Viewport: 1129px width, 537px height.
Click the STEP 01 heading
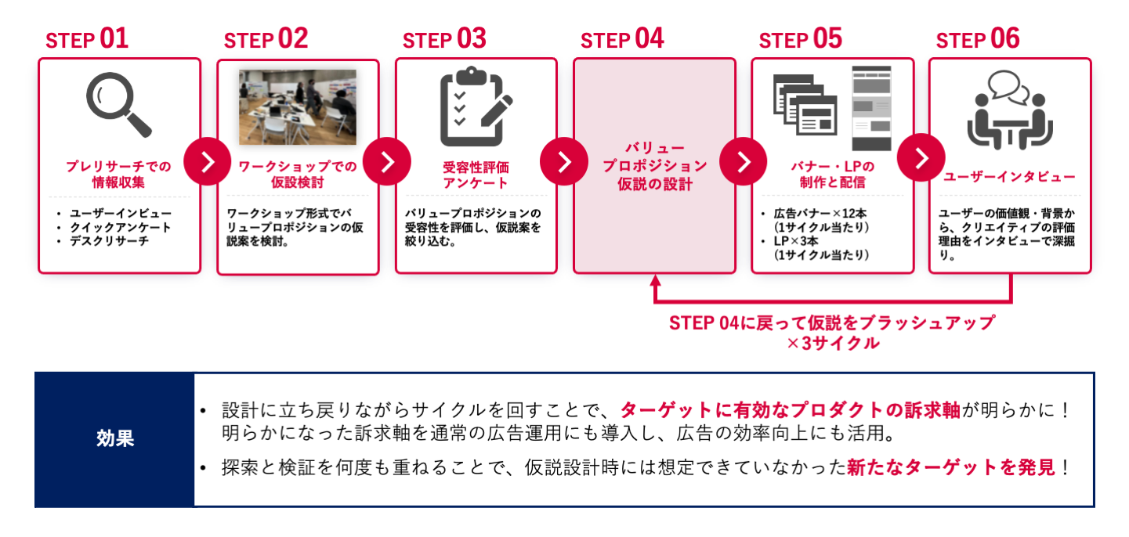pos(87,39)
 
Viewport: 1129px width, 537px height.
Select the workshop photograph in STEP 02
pos(298,107)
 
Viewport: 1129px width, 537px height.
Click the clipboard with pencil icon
pos(475,106)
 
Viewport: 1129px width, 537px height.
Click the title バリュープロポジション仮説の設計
pos(655,166)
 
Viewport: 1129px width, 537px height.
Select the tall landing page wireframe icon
pos(871,108)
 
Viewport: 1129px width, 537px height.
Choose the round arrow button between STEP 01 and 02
pos(208,162)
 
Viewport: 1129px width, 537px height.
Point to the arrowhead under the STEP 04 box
pos(656,280)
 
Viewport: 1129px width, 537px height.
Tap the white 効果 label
pos(115,438)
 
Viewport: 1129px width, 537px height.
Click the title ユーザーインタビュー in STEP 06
pos(1009,177)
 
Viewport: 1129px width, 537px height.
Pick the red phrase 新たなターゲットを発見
pos(951,468)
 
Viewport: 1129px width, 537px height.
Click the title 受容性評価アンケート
pos(476,175)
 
